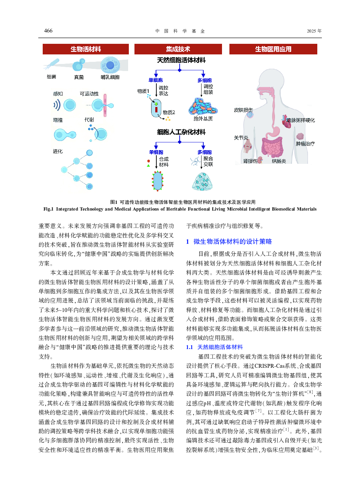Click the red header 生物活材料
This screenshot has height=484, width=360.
click(86, 49)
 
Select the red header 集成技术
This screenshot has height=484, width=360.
click(178, 49)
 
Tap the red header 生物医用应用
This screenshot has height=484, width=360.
click(273, 49)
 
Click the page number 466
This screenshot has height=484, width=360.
click(48, 31)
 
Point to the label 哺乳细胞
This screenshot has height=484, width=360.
click(110, 77)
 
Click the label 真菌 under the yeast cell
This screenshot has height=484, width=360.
click(79, 77)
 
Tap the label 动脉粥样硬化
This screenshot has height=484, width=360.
click(300, 120)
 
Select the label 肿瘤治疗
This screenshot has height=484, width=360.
click(305, 144)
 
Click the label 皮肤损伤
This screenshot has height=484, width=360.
click(243, 110)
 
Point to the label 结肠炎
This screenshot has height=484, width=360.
click(279, 161)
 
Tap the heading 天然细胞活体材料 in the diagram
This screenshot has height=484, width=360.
click(181, 60)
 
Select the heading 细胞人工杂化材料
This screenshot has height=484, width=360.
click(181, 132)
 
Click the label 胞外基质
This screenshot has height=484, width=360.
click(203, 119)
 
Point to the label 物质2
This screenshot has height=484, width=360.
click(169, 112)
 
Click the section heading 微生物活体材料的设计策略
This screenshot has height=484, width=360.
click(233, 242)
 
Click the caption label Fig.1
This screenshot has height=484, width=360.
click(48, 209)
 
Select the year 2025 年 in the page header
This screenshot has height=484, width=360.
click(314, 31)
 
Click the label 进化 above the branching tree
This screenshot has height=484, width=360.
click(58, 151)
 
